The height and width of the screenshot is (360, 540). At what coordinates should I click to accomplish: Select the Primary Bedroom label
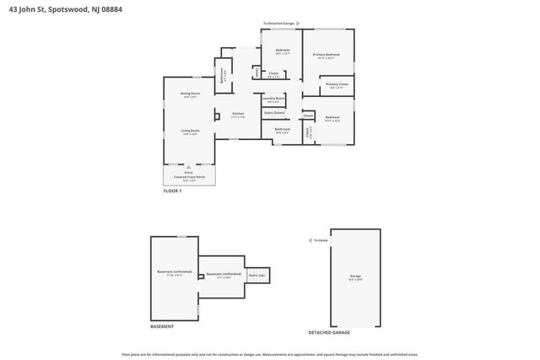click(x=327, y=56)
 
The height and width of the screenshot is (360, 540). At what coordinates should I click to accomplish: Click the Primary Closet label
click(x=337, y=85)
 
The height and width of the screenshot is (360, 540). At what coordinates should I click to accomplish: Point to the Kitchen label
click(x=238, y=115)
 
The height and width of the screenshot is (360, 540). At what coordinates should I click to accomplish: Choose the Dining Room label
click(x=190, y=94)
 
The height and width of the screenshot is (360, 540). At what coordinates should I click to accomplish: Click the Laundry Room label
click(x=274, y=99)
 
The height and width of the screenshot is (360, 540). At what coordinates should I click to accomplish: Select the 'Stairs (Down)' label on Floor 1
click(x=274, y=112)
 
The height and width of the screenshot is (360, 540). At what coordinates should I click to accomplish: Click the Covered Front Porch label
click(x=189, y=177)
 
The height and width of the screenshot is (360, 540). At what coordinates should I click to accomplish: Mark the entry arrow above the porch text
click(x=189, y=167)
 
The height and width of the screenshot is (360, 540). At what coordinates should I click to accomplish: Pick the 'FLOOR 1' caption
click(x=172, y=191)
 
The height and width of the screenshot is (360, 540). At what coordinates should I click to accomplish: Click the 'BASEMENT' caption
click(x=162, y=326)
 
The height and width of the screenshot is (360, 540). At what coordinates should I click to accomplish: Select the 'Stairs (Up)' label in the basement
click(x=256, y=275)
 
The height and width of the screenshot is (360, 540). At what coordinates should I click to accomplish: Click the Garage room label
click(x=355, y=277)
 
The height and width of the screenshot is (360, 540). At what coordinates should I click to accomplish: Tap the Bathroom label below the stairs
click(x=282, y=130)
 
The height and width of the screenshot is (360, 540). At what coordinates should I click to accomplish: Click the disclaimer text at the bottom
click(x=270, y=355)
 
